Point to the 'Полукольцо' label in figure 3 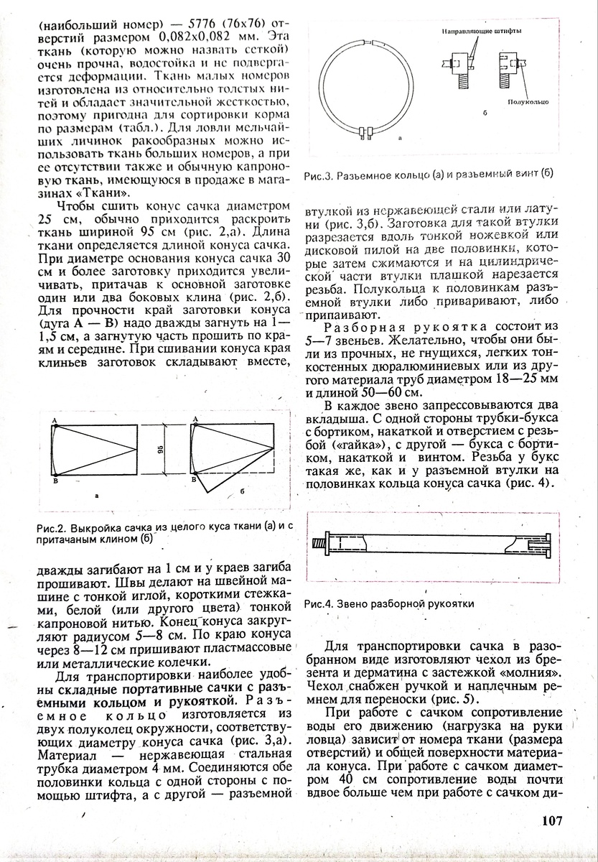(530, 101)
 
